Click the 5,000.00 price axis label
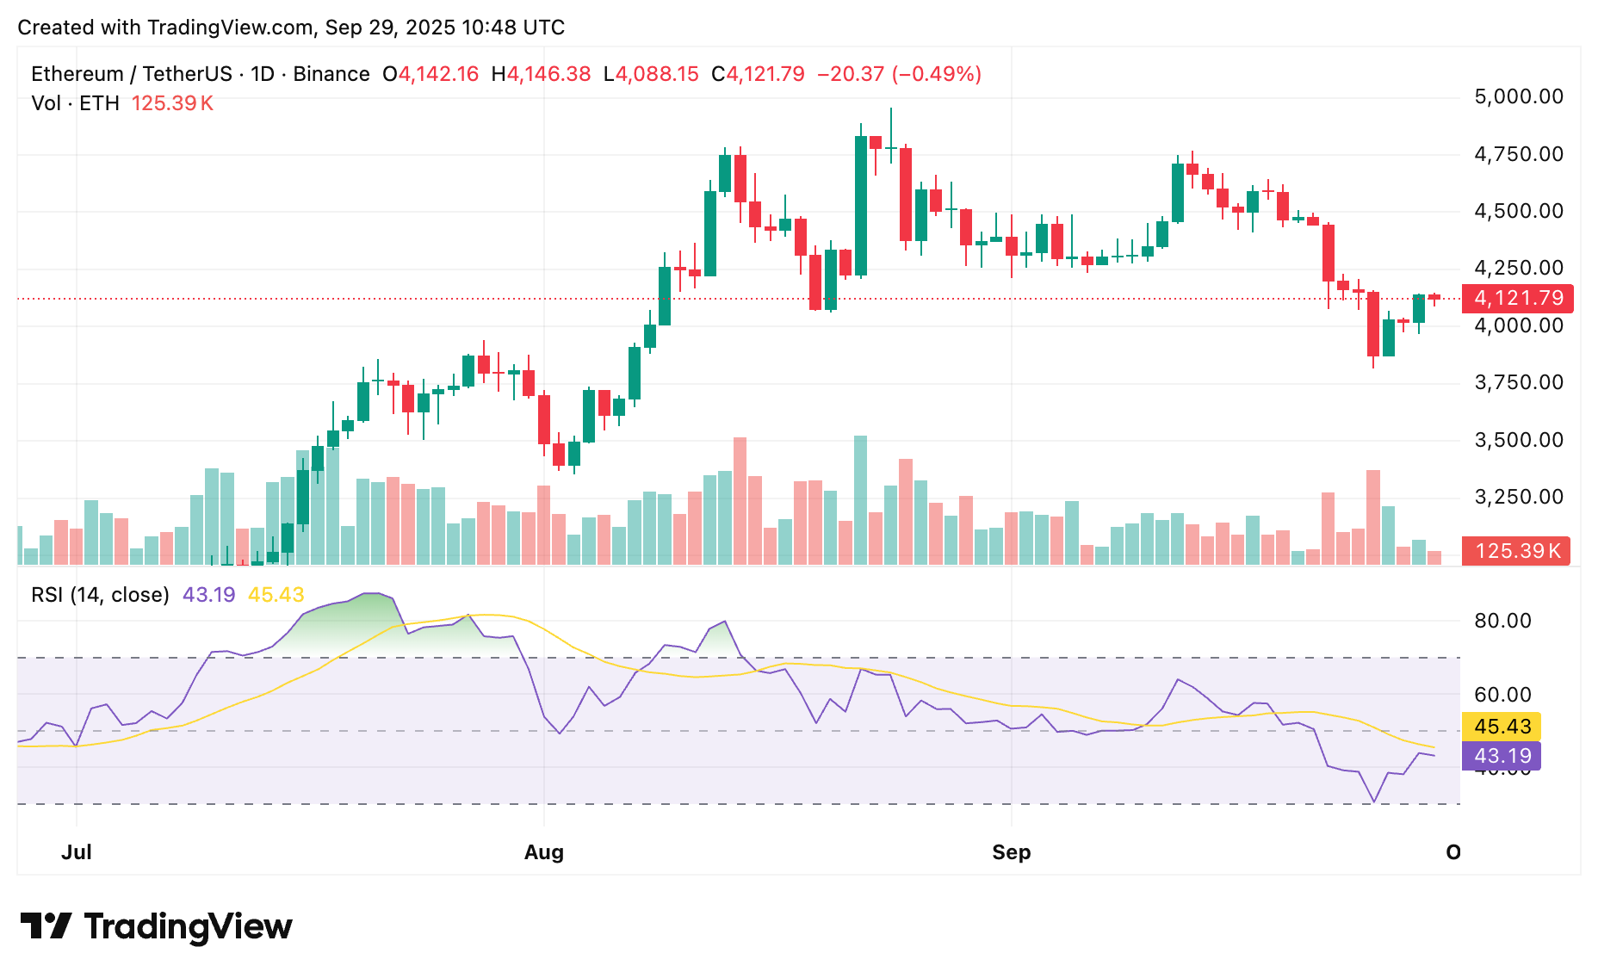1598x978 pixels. (x=1519, y=96)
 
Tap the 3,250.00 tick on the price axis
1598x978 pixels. (x=1519, y=497)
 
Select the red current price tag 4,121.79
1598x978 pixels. (x=1518, y=298)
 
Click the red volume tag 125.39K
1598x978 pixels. (x=1516, y=551)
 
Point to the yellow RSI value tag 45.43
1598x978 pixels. (x=1502, y=727)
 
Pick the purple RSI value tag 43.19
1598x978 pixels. (x=1502, y=756)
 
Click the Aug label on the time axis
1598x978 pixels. (x=544, y=852)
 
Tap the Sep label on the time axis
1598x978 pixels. (x=1011, y=852)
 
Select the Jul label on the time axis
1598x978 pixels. (x=77, y=852)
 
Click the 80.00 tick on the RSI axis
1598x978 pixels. (x=1502, y=621)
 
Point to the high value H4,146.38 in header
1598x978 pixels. (x=541, y=74)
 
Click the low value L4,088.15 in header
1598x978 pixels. (x=651, y=74)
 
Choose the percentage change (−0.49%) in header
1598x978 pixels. (x=937, y=74)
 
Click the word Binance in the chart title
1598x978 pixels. (x=331, y=74)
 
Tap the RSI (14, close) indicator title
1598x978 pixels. (x=100, y=595)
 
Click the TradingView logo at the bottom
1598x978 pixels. (x=157, y=926)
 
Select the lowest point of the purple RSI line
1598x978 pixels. (x=1373, y=802)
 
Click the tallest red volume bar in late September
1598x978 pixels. (x=1373, y=517)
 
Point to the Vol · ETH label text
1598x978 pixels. (x=75, y=103)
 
